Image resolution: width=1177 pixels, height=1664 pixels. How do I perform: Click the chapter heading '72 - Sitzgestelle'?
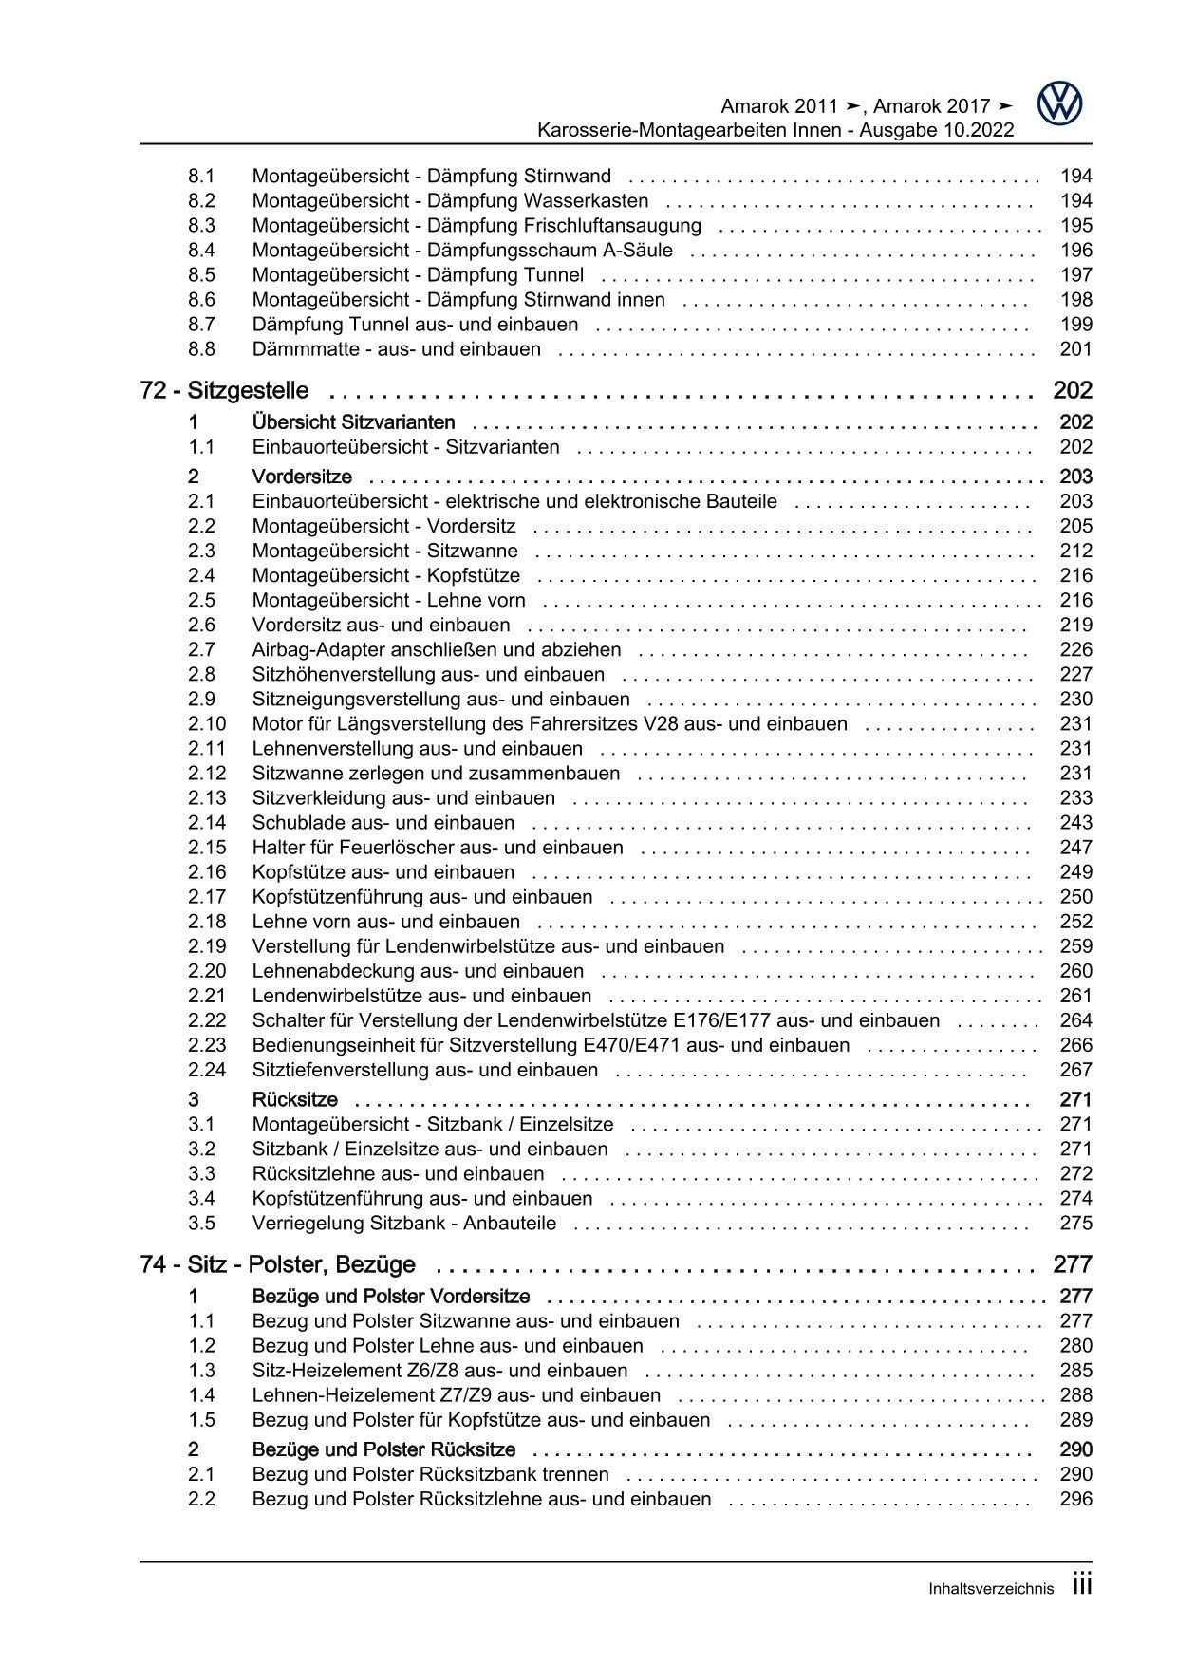pos(224,390)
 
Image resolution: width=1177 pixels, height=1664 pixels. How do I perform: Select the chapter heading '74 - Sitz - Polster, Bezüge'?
pos(277,1264)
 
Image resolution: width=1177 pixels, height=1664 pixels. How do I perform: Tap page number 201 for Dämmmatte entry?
pos(1075,349)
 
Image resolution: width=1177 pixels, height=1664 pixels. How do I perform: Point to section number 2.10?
pos(207,724)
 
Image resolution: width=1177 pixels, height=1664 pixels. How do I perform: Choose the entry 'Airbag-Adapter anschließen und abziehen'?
pos(437,650)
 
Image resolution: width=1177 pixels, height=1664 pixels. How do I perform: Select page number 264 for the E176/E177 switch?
pos(1075,1020)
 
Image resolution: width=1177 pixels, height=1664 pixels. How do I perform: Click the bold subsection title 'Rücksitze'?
pos(295,1100)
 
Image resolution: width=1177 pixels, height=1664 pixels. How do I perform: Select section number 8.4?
pos(201,251)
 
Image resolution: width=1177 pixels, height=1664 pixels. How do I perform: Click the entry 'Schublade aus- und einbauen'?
pos(383,823)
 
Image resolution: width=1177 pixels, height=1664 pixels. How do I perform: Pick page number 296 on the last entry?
pos(1075,1499)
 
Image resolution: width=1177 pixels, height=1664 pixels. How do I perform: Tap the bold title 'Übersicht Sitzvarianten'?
pos(353,422)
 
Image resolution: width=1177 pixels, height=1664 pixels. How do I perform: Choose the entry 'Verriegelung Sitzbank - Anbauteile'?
pos(404,1224)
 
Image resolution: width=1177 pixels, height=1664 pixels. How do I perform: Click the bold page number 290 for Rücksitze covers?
pos(1075,1449)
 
